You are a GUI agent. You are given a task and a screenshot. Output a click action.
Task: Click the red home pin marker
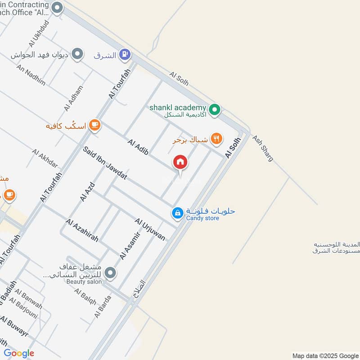click(180, 162)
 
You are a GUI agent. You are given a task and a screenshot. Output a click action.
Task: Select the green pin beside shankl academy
click(215, 109)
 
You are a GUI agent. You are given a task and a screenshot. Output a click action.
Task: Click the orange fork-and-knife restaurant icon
click(217, 139)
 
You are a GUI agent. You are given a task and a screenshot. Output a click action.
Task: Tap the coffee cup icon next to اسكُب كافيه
click(94, 125)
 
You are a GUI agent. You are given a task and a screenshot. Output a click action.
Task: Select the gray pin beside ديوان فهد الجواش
click(78, 54)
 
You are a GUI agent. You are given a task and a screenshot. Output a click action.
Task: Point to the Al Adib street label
click(138, 150)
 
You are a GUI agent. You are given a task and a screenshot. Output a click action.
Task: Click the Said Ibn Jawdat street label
click(105, 163)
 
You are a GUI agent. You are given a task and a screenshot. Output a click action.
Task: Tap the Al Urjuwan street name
click(150, 229)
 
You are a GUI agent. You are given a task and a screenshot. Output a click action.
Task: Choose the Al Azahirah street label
click(81, 230)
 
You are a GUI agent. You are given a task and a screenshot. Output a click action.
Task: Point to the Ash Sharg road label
click(262, 148)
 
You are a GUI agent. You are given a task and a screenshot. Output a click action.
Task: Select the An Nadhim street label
click(31, 75)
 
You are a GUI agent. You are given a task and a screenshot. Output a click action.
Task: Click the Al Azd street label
click(88, 191)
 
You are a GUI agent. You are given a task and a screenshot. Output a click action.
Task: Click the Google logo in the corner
click(18, 353)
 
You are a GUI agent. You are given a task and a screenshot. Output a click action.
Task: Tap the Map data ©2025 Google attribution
click(324, 355)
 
